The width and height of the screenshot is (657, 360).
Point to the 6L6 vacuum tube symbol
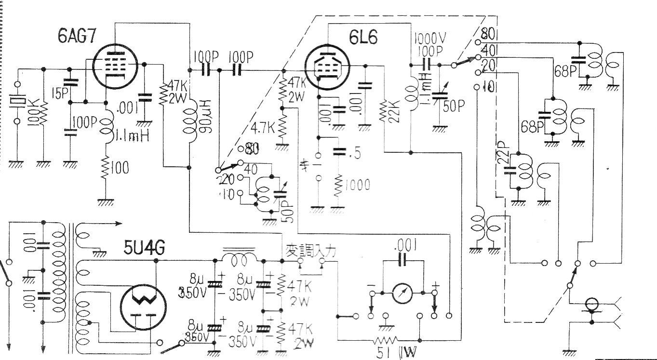pyautogui.click(x=328, y=66)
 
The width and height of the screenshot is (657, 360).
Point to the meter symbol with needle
pyautogui.click(x=402, y=293)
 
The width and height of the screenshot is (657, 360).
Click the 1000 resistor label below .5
pyautogui.click(x=357, y=185)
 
